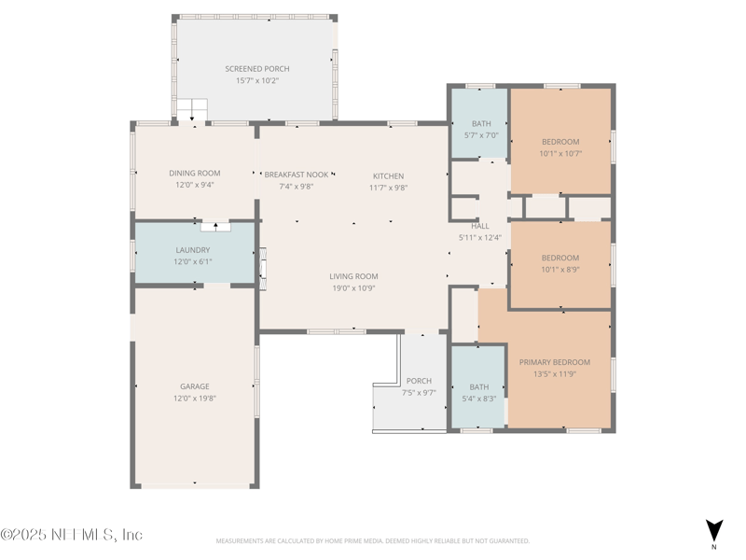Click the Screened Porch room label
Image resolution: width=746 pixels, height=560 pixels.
(257, 69)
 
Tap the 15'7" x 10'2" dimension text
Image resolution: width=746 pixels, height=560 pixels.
(257, 80)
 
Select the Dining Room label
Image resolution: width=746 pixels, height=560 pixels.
(195, 174)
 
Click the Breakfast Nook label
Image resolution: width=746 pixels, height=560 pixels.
(296, 175)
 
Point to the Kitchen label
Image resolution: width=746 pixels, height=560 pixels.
(388, 176)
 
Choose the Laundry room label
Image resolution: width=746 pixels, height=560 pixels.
(193, 250)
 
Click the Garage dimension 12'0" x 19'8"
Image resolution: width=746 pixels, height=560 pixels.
(195, 399)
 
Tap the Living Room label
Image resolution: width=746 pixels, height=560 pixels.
(353, 276)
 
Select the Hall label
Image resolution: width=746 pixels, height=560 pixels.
(480, 226)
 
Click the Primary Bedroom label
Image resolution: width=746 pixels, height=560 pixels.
(554, 362)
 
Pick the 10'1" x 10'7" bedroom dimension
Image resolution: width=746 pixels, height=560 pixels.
(560, 153)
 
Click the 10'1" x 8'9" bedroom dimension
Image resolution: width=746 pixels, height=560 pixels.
(560, 270)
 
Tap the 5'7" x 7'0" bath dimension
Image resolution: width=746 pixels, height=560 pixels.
(481, 135)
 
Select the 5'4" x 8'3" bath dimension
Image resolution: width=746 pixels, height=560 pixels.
(478, 399)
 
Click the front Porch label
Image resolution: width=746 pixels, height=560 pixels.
(419, 381)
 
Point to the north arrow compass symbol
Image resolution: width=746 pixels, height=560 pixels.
(713, 530)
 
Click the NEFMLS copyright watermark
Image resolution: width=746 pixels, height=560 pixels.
(72, 534)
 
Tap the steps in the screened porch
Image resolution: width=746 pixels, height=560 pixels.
(192, 109)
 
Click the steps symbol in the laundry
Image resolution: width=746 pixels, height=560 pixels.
(215, 227)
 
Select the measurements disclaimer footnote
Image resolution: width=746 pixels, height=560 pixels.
(372, 541)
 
